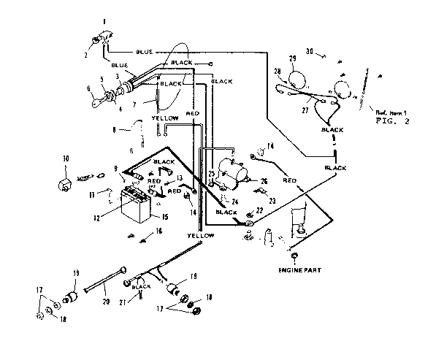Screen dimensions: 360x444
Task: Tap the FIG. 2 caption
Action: click(x=391, y=123)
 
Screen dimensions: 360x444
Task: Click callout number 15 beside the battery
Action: click(x=165, y=216)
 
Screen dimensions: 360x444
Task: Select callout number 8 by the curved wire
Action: click(x=115, y=129)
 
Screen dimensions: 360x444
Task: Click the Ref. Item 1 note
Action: click(x=390, y=112)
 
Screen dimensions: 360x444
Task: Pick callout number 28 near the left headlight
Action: click(x=277, y=71)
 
